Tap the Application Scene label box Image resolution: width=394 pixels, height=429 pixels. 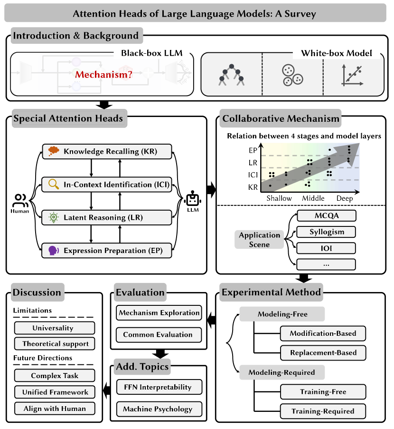tap(259, 240)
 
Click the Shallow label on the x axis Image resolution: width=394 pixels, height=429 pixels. tap(279, 198)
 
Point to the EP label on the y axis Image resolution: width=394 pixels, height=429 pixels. tap(253, 150)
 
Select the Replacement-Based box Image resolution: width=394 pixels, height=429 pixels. tap(323, 352)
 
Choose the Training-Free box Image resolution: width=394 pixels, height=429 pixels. tap(323, 392)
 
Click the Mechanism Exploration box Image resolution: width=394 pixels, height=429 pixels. tap(159, 313)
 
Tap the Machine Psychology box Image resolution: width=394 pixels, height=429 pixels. tap(159, 409)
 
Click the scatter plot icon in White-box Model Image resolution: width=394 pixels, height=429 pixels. tap(352, 76)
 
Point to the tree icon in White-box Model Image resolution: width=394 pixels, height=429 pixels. tap(231, 75)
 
